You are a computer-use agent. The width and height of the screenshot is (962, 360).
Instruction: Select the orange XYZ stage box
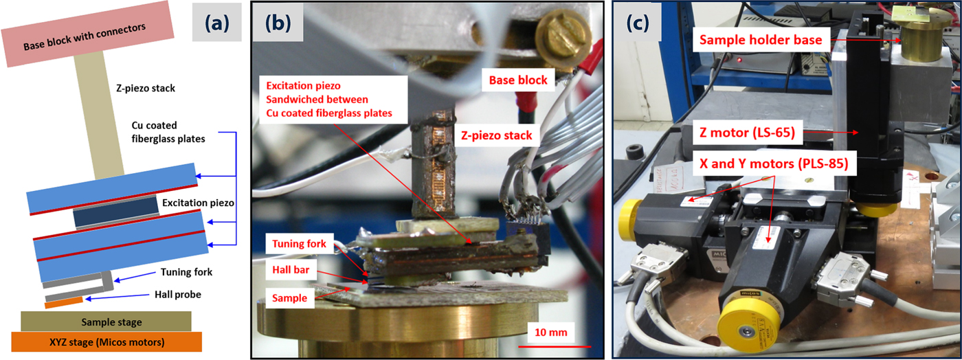click(x=107, y=341)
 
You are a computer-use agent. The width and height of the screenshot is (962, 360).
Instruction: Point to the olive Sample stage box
click(x=107, y=321)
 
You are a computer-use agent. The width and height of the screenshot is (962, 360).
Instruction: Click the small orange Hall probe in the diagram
click(x=64, y=301)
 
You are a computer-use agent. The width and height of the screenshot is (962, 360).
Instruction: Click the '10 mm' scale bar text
click(x=550, y=333)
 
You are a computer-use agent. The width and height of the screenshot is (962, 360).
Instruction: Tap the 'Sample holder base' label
click(x=761, y=41)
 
